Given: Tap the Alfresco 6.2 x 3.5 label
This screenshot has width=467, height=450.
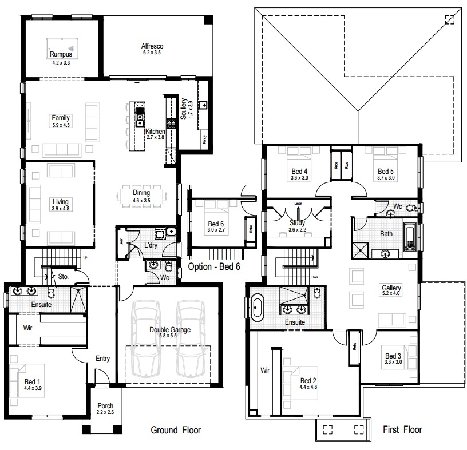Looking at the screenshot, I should coord(153,49).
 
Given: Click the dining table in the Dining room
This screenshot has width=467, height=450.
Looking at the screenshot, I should coord(141,196).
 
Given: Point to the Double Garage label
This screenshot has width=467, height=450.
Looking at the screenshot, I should coord(170,330).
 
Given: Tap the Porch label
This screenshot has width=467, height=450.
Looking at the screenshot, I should coord(105,406).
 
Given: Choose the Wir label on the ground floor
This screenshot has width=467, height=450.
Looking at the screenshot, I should coord(27,329).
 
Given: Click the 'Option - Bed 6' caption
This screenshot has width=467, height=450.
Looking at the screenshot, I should coord(213,266).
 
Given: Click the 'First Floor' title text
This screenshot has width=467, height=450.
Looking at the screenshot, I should coord(402,429).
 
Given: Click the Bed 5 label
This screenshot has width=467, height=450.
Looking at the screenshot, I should coord(386,171).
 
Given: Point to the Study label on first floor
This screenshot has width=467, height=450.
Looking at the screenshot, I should coord(297,223).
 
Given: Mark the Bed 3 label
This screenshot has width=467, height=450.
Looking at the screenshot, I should coord(392,356).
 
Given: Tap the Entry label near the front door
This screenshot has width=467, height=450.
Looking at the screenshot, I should coord(102,359).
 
